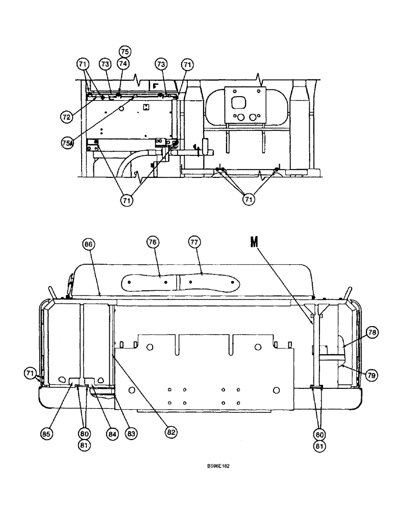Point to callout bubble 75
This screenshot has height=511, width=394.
(125, 52)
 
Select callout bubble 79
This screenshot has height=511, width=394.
(372, 375)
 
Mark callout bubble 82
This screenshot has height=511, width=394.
(171, 432)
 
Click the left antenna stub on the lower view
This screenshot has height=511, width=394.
(53, 293)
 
